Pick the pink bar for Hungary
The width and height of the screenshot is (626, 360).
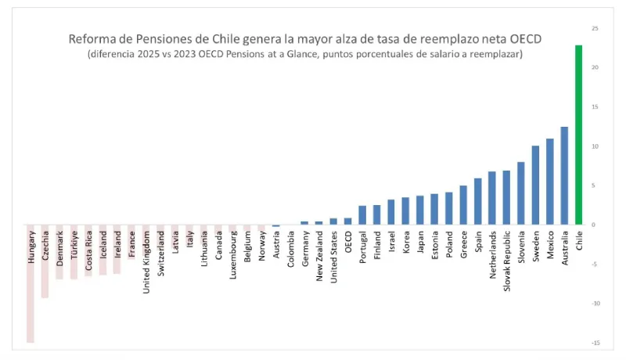[x=31, y=283]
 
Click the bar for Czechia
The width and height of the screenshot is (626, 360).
[x=45, y=261]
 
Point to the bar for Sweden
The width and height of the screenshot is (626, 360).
[x=535, y=185]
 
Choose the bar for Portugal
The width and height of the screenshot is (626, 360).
[x=362, y=215]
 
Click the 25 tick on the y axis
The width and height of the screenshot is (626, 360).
[x=595, y=29]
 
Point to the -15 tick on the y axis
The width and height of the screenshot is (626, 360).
[x=595, y=343]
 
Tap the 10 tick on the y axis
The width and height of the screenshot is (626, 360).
[x=595, y=146]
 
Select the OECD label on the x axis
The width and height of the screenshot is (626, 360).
[x=347, y=243]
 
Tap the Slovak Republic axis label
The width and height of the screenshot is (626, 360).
[x=506, y=259]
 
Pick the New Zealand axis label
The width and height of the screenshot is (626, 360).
[x=319, y=255]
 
